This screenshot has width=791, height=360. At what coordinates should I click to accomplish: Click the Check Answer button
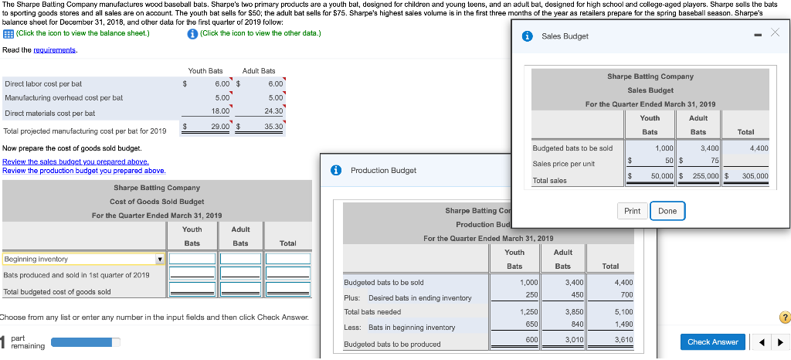pyautogui.click(x=713, y=342)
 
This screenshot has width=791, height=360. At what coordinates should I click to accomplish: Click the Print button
pyautogui.click(x=632, y=211)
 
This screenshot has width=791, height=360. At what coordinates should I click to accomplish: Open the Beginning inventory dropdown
pyautogui.click(x=160, y=260)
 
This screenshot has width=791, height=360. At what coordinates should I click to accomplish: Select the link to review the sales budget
pyautogui.click(x=76, y=161)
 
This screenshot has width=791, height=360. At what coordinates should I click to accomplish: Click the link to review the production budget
pyautogui.click(x=83, y=171)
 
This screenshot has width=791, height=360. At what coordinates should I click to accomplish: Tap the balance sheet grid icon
pyautogui.click(x=8, y=32)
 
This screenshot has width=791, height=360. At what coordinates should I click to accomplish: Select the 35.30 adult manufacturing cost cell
pyautogui.click(x=273, y=126)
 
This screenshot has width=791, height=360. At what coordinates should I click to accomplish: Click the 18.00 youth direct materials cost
pyautogui.click(x=220, y=112)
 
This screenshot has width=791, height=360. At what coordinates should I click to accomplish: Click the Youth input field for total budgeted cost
pyautogui.click(x=192, y=292)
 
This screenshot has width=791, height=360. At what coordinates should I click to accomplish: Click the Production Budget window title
pyautogui.click(x=383, y=170)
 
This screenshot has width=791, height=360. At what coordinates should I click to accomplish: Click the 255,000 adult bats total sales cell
pyautogui.click(x=702, y=176)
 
